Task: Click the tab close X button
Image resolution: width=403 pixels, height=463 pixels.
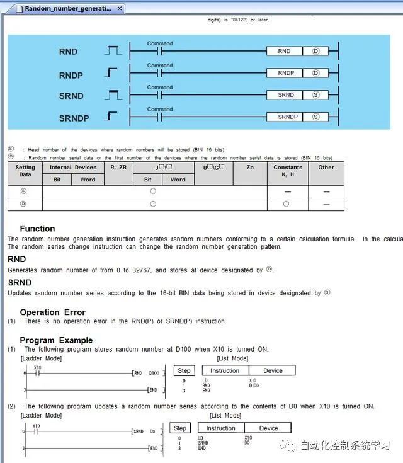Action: pos(120,9)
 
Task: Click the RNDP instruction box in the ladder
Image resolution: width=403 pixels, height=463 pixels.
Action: pos(286,73)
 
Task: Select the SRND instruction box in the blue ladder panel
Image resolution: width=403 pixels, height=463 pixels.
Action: pos(286,95)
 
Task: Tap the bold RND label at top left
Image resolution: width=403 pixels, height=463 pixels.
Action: pos(68,52)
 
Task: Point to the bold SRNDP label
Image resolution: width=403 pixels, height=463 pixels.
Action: pos(74,118)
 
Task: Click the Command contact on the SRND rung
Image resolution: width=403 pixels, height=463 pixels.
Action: pos(160,95)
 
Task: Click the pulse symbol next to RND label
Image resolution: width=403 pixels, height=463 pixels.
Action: pos(113,51)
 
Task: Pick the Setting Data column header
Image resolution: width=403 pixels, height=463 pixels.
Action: pos(25,171)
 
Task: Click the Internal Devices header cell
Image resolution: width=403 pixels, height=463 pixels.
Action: pos(73,168)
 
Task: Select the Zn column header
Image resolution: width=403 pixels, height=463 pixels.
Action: pos(250,168)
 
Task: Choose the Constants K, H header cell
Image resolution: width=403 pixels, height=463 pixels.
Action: pos(288,171)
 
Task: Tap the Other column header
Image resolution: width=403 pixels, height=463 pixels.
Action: pos(326,168)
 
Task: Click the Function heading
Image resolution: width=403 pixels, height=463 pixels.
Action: pos(37,229)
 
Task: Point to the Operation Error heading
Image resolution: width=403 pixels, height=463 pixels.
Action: pos(52,312)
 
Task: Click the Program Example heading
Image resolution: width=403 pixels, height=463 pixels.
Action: pos(56,340)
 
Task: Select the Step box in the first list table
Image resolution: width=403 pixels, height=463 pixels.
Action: pos(184,371)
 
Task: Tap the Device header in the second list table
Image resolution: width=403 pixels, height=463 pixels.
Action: pos(268,428)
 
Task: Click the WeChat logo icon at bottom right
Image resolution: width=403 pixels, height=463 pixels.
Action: pos(290,445)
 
